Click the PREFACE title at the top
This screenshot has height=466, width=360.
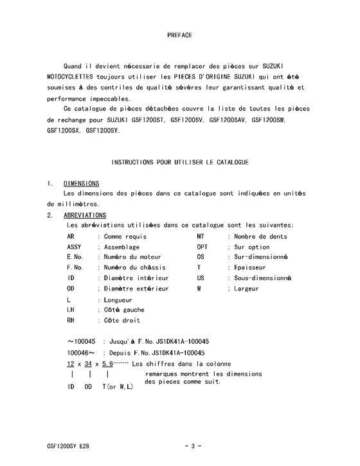(179, 35)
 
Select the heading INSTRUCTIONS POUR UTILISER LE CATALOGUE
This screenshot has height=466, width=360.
(180, 162)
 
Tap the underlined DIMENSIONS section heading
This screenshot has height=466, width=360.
(81, 183)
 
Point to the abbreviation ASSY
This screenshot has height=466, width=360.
(75, 247)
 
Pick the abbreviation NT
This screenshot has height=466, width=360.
(201, 237)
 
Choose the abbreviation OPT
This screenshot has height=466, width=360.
(203, 247)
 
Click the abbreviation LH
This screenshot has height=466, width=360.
(71, 310)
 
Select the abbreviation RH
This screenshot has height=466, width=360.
(71, 320)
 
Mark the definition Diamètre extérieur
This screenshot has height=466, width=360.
(137, 289)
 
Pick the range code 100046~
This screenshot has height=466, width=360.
(82, 353)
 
